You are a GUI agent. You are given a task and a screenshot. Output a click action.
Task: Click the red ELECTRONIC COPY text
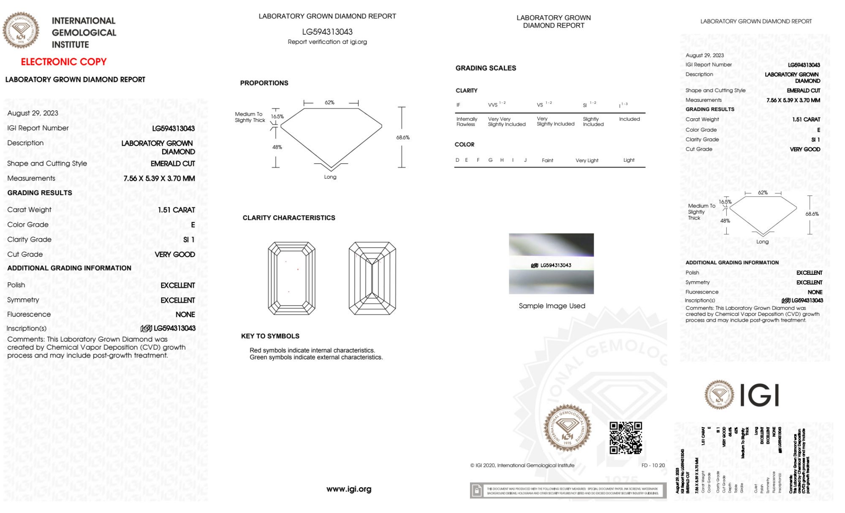point(64,62)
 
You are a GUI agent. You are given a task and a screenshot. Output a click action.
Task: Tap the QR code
point(625,437)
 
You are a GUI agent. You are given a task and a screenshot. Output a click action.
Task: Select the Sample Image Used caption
point(552,306)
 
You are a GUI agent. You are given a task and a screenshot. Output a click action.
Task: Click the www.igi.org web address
point(349,489)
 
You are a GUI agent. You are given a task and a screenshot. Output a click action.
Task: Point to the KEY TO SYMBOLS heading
point(270,336)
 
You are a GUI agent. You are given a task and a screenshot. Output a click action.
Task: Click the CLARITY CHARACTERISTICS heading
point(289,218)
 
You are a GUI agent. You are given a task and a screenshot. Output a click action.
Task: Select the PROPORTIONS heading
point(264,83)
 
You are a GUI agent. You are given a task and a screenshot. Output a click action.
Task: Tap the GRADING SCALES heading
point(486,68)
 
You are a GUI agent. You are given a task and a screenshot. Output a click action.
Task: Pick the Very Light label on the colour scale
point(587,160)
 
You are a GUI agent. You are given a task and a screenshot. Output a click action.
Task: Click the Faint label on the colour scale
point(547,160)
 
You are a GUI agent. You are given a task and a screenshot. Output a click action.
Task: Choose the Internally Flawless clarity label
point(467,122)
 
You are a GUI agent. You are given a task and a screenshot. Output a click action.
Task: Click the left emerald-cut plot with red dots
point(291,278)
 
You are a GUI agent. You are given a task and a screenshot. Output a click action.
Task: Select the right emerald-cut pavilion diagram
point(372,278)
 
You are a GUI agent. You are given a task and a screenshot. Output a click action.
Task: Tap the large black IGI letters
point(760,396)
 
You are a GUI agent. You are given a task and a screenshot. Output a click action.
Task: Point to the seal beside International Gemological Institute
point(21,30)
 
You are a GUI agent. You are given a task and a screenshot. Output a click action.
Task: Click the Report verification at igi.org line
point(327,42)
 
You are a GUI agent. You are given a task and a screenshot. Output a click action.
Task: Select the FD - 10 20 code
point(653,465)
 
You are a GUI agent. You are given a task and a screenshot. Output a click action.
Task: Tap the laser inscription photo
point(551,263)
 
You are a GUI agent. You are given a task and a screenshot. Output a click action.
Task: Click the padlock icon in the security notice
point(477,491)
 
